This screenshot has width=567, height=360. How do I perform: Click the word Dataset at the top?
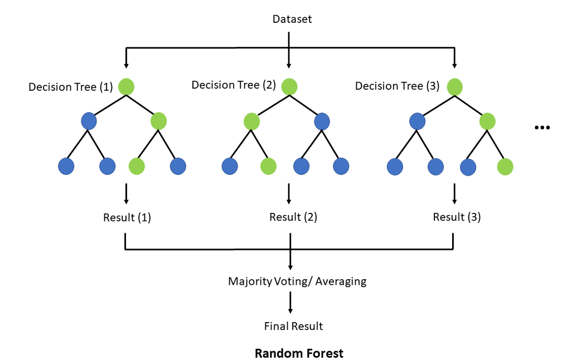tap(292, 20)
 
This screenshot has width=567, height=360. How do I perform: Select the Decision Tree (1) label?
tap(71, 87)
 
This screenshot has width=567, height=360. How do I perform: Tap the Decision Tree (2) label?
tap(234, 85)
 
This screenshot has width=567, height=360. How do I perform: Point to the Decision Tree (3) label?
tap(397, 86)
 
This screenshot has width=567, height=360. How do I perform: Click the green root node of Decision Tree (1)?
tap(127, 86)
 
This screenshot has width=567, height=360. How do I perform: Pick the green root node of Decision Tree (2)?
tap(289, 86)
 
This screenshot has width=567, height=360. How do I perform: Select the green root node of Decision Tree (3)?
tap(454, 86)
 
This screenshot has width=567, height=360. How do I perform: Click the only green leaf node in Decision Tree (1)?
tap(137, 166)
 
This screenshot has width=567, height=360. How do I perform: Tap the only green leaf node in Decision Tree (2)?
tap(268, 166)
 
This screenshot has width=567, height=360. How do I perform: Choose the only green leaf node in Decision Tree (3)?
tap(505, 166)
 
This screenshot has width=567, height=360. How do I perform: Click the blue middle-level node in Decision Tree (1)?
tap(89, 120)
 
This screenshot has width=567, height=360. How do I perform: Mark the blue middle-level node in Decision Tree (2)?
tap(322, 121)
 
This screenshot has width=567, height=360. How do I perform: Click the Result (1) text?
tap(127, 217)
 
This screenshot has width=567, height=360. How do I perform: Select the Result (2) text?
tap(293, 217)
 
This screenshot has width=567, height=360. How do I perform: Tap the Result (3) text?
tap(457, 217)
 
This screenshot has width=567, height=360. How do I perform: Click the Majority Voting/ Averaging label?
tap(297, 281)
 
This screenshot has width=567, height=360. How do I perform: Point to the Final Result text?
tap(293, 326)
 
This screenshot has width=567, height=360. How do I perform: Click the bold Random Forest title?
tap(299, 353)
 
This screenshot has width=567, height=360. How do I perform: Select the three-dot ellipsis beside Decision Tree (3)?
tap(542, 128)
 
